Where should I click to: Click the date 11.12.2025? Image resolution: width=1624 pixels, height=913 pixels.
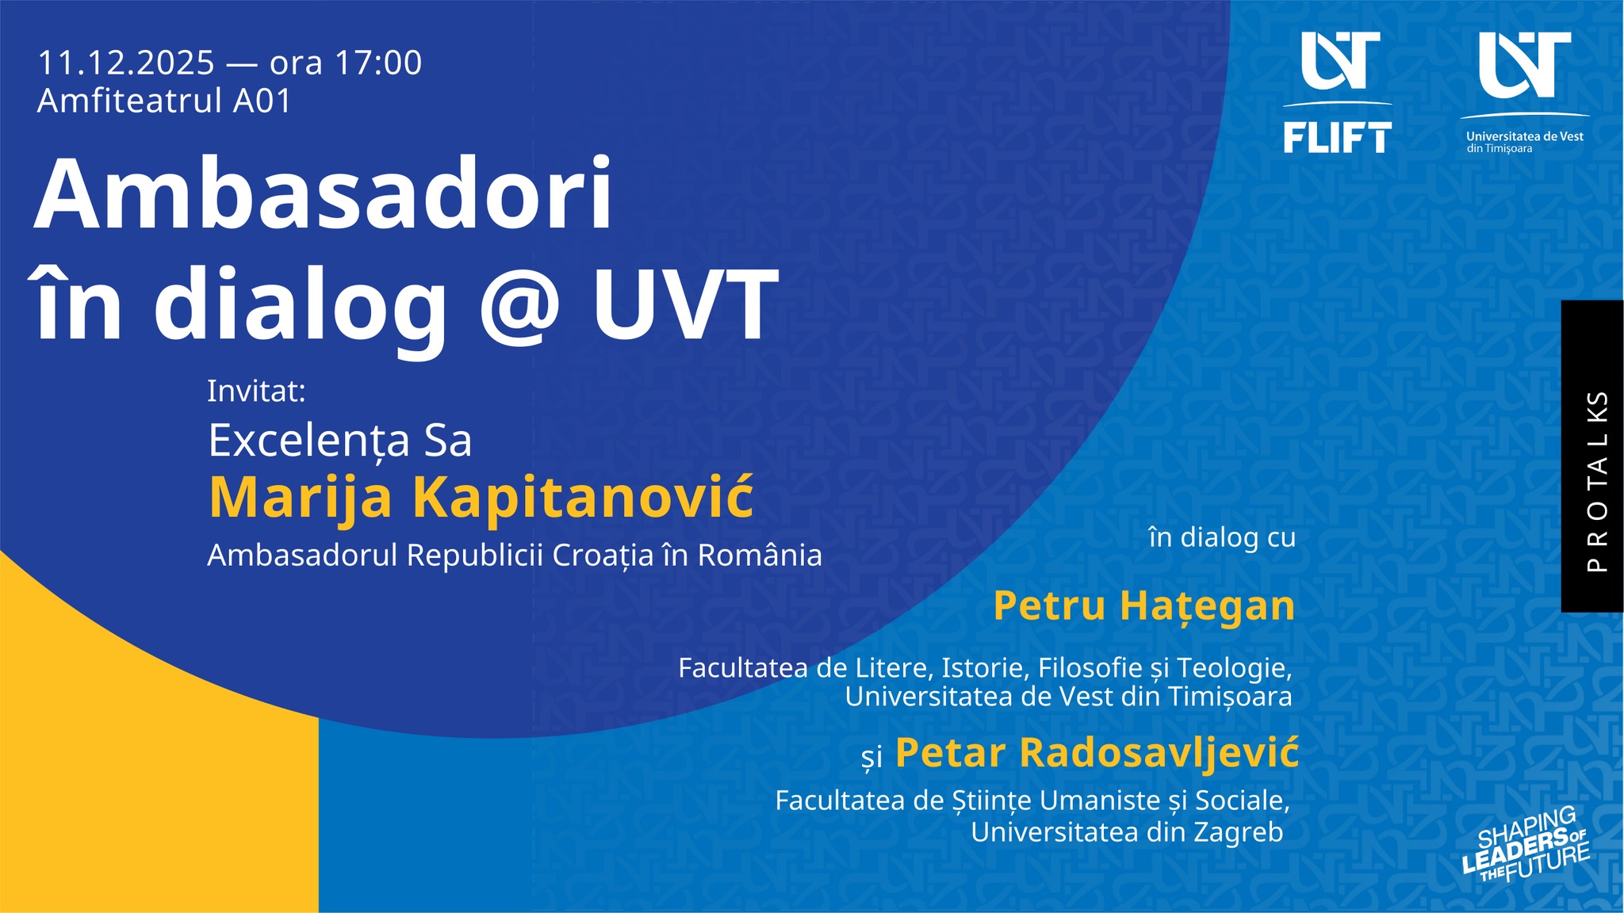click(126, 63)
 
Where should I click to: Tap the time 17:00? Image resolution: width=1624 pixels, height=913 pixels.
click(378, 63)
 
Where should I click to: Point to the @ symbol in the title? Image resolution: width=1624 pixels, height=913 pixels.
click(520, 305)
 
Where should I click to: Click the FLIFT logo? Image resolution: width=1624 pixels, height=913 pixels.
click(1337, 92)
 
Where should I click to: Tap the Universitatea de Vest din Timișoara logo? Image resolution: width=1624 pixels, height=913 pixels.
click(1524, 92)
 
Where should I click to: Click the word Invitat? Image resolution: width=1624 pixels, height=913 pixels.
click(256, 391)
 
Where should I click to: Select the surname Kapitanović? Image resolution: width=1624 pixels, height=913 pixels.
click(583, 497)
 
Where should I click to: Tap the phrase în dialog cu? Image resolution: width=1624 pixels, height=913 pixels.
click(1222, 537)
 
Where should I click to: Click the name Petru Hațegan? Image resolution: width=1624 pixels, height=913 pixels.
click(1143, 606)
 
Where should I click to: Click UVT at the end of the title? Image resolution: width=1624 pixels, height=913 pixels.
click(685, 304)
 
